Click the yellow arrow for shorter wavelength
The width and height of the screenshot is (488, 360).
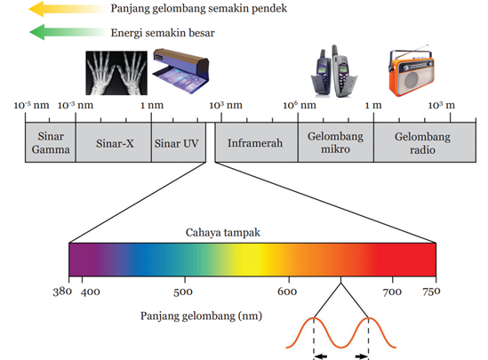tap(67, 9)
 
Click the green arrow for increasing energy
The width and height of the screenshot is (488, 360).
tap(68, 32)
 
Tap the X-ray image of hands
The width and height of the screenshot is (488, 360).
tap(116, 73)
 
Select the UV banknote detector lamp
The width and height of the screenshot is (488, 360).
tap(180, 70)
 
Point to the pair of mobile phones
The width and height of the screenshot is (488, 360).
tap(334, 71)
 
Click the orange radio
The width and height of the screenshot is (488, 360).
tap(412, 71)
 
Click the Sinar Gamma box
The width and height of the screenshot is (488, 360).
tap(50, 142)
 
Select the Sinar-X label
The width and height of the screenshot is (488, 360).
tap(115, 143)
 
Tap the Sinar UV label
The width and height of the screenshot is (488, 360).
tap(176, 143)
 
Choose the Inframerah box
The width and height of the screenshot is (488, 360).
tap(257, 142)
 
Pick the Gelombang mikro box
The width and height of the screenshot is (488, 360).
tap(336, 142)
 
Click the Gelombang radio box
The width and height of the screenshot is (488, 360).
tap(425, 142)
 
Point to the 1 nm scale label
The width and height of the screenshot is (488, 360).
tap(152, 105)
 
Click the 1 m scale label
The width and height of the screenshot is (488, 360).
tap(373, 105)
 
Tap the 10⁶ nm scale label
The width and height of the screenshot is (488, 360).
tap(300, 105)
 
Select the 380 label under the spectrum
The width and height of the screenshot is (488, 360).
tap(62, 292)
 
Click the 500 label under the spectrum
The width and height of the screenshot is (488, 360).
tap(183, 292)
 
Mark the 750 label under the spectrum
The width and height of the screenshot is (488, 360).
tap(431, 292)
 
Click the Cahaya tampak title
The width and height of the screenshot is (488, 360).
tap(223, 232)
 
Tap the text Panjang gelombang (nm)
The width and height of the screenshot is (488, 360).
tap(201, 316)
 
